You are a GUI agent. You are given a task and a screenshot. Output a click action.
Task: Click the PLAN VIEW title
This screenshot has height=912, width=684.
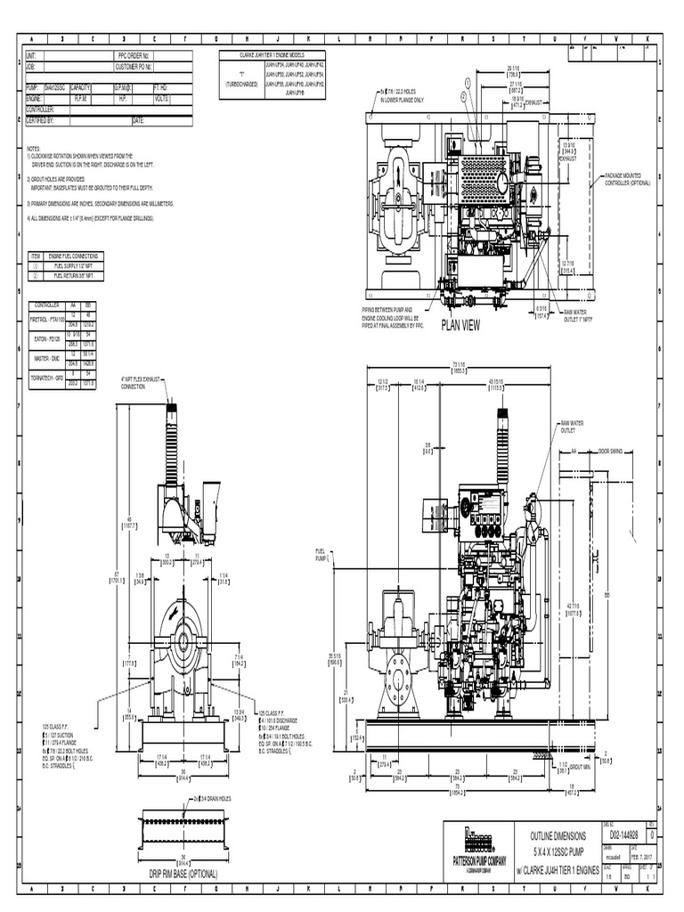[460, 326]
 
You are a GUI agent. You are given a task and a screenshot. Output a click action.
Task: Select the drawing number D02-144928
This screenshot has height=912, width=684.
[623, 835]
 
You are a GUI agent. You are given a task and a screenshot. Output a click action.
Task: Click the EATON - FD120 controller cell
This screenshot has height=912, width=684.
[45, 338]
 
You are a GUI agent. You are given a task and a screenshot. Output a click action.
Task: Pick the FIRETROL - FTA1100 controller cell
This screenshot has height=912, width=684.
[45, 317]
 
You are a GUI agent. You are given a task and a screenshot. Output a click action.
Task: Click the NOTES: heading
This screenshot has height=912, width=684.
[33, 149]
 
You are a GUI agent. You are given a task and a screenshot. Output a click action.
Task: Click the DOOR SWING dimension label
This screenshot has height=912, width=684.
[615, 451]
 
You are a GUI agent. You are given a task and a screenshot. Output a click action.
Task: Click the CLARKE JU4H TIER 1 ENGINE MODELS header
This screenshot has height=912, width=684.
[275, 55]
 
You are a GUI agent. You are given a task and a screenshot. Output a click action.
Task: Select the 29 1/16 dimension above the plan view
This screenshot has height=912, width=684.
[512, 69]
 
